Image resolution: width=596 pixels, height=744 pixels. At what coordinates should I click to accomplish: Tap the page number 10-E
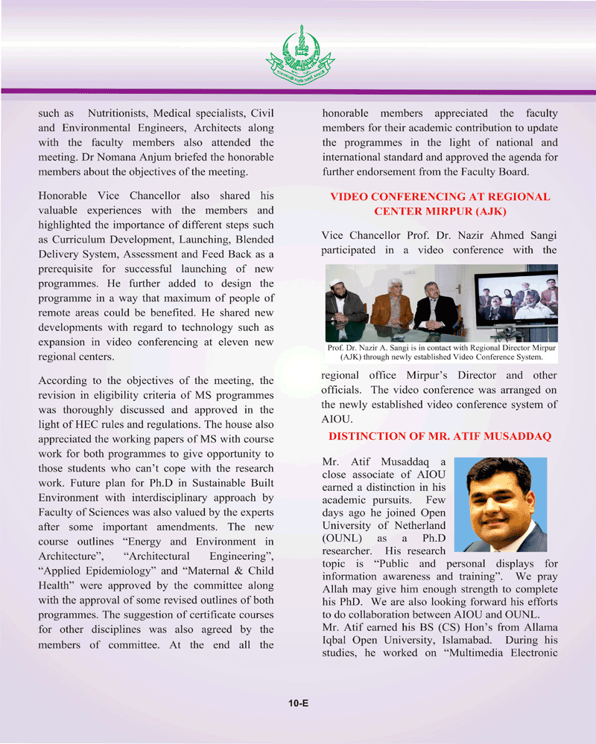pos(299,702)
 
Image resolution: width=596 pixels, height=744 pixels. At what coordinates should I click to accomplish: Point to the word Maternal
pos(197,571)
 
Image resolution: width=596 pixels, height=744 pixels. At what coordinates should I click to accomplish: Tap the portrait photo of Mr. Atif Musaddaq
pos(500,504)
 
